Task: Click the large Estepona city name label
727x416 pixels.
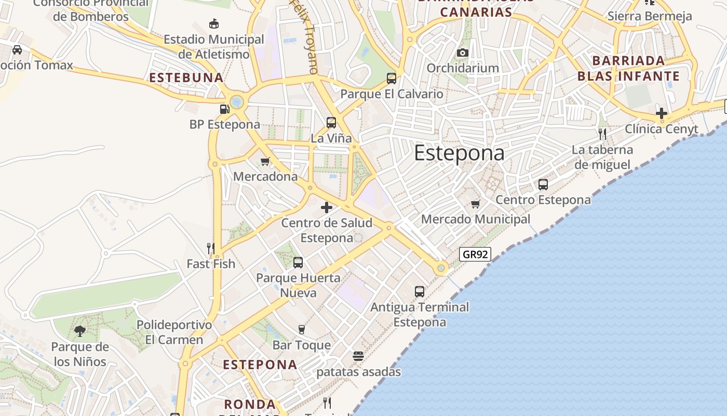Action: tap(459, 153)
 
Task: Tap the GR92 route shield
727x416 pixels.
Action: tap(475, 254)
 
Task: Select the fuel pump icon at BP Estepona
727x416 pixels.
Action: tap(225, 109)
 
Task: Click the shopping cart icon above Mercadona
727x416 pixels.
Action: tap(265, 161)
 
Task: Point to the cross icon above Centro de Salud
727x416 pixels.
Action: tap(327, 208)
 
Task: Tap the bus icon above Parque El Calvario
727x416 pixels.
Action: tap(392, 79)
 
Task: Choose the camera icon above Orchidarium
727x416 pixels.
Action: tap(463, 53)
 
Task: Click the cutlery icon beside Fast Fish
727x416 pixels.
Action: tap(211, 249)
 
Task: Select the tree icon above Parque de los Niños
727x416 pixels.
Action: tap(80, 331)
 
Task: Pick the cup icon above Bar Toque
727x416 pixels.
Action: tap(301, 329)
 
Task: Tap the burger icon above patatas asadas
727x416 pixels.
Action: tap(358, 356)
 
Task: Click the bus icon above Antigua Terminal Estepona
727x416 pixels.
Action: tap(420, 292)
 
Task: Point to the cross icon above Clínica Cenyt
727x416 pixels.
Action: tap(661, 113)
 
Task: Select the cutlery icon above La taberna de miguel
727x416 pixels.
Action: tap(602, 134)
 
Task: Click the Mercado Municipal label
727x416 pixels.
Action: tap(476, 219)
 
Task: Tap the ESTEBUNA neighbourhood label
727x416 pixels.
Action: tap(186, 78)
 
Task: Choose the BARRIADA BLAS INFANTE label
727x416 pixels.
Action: tap(628, 69)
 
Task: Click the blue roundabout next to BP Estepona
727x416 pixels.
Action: tap(237, 101)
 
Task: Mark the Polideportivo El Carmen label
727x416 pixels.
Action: tap(174, 332)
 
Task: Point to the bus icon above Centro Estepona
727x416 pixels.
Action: tap(543, 184)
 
